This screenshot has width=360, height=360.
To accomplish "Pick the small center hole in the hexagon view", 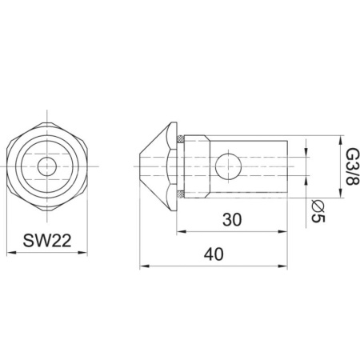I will tap(47, 166).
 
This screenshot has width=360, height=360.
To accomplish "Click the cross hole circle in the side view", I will tap(230, 166).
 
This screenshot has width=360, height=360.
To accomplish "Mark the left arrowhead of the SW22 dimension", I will tap(10, 253).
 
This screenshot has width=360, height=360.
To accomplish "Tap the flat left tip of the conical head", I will tap(140, 166).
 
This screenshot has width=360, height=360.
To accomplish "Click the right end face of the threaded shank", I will tap(286, 166).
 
